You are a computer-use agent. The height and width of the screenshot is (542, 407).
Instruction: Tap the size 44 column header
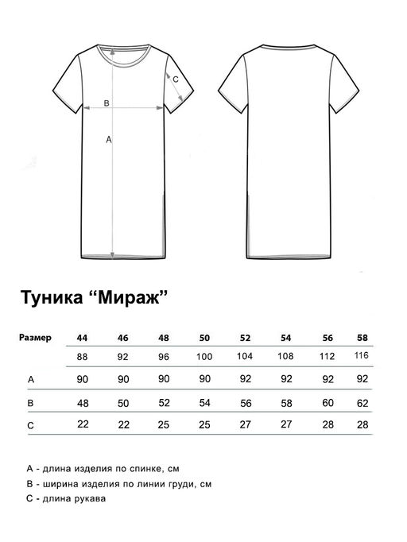coord(82,337)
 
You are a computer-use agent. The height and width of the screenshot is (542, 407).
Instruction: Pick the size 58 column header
coord(363,337)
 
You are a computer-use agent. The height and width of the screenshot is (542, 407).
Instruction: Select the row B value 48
coord(82,404)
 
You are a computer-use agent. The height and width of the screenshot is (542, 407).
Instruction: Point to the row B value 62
coord(363,404)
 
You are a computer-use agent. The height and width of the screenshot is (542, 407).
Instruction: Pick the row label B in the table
coord(30,404)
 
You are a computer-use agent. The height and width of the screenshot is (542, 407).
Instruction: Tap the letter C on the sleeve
coord(176,78)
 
